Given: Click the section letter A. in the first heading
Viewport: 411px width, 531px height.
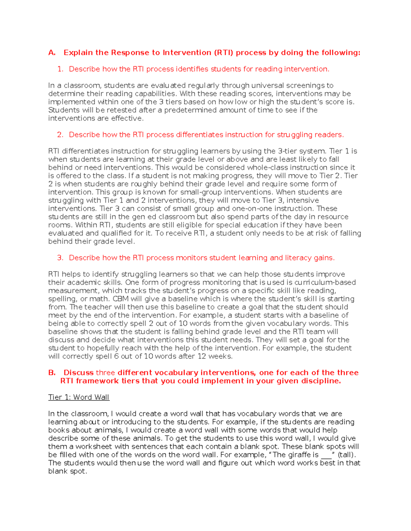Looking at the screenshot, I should tap(52, 53).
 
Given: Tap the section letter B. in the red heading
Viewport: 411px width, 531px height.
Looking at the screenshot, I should tap(52, 373).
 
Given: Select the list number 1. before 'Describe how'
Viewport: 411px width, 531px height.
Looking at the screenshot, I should tap(60, 69).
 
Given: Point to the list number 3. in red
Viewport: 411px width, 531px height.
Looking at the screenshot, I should tap(60, 258).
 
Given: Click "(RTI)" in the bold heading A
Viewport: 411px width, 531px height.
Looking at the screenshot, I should tap(223, 53).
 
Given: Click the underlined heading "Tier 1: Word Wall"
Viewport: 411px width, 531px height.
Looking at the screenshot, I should tap(79, 397).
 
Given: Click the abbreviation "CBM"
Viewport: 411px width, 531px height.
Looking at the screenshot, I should tap(121, 299).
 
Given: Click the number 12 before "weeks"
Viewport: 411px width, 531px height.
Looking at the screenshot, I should tap(202, 356).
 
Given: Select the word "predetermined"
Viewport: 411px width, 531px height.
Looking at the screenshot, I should tap(190, 110).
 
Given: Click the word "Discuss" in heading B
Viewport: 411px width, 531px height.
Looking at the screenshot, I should tap(78, 373).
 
